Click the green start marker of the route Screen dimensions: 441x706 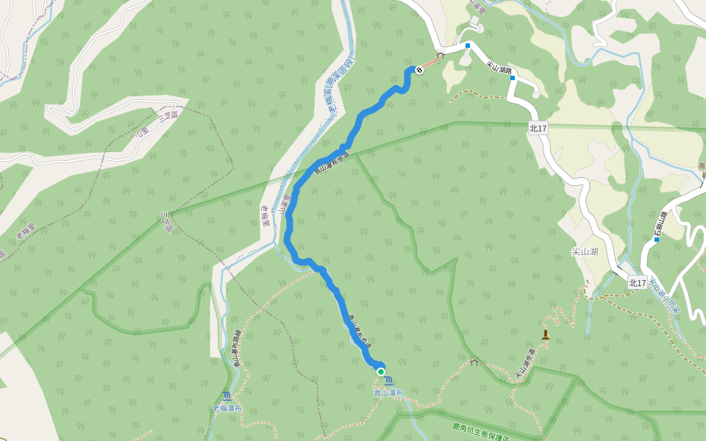pos(381,372)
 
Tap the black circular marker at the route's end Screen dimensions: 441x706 pos(419,70)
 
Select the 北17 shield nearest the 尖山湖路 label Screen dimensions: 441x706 pos(538,129)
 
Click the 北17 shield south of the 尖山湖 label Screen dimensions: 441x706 pos(638,282)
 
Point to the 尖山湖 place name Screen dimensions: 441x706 pos(585,251)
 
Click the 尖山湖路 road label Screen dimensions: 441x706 pos(499,68)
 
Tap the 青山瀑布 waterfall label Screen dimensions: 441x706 pos(388,393)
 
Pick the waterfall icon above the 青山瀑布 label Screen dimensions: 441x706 pos(388,381)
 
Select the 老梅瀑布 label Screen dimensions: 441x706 pos(227,408)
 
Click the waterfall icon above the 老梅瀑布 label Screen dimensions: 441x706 pos(226,396)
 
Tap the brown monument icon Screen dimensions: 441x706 pos(545,335)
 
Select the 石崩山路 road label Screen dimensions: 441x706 pos(659,223)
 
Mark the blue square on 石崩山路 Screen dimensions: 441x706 pos(656,240)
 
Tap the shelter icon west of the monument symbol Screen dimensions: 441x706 pos(474,362)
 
